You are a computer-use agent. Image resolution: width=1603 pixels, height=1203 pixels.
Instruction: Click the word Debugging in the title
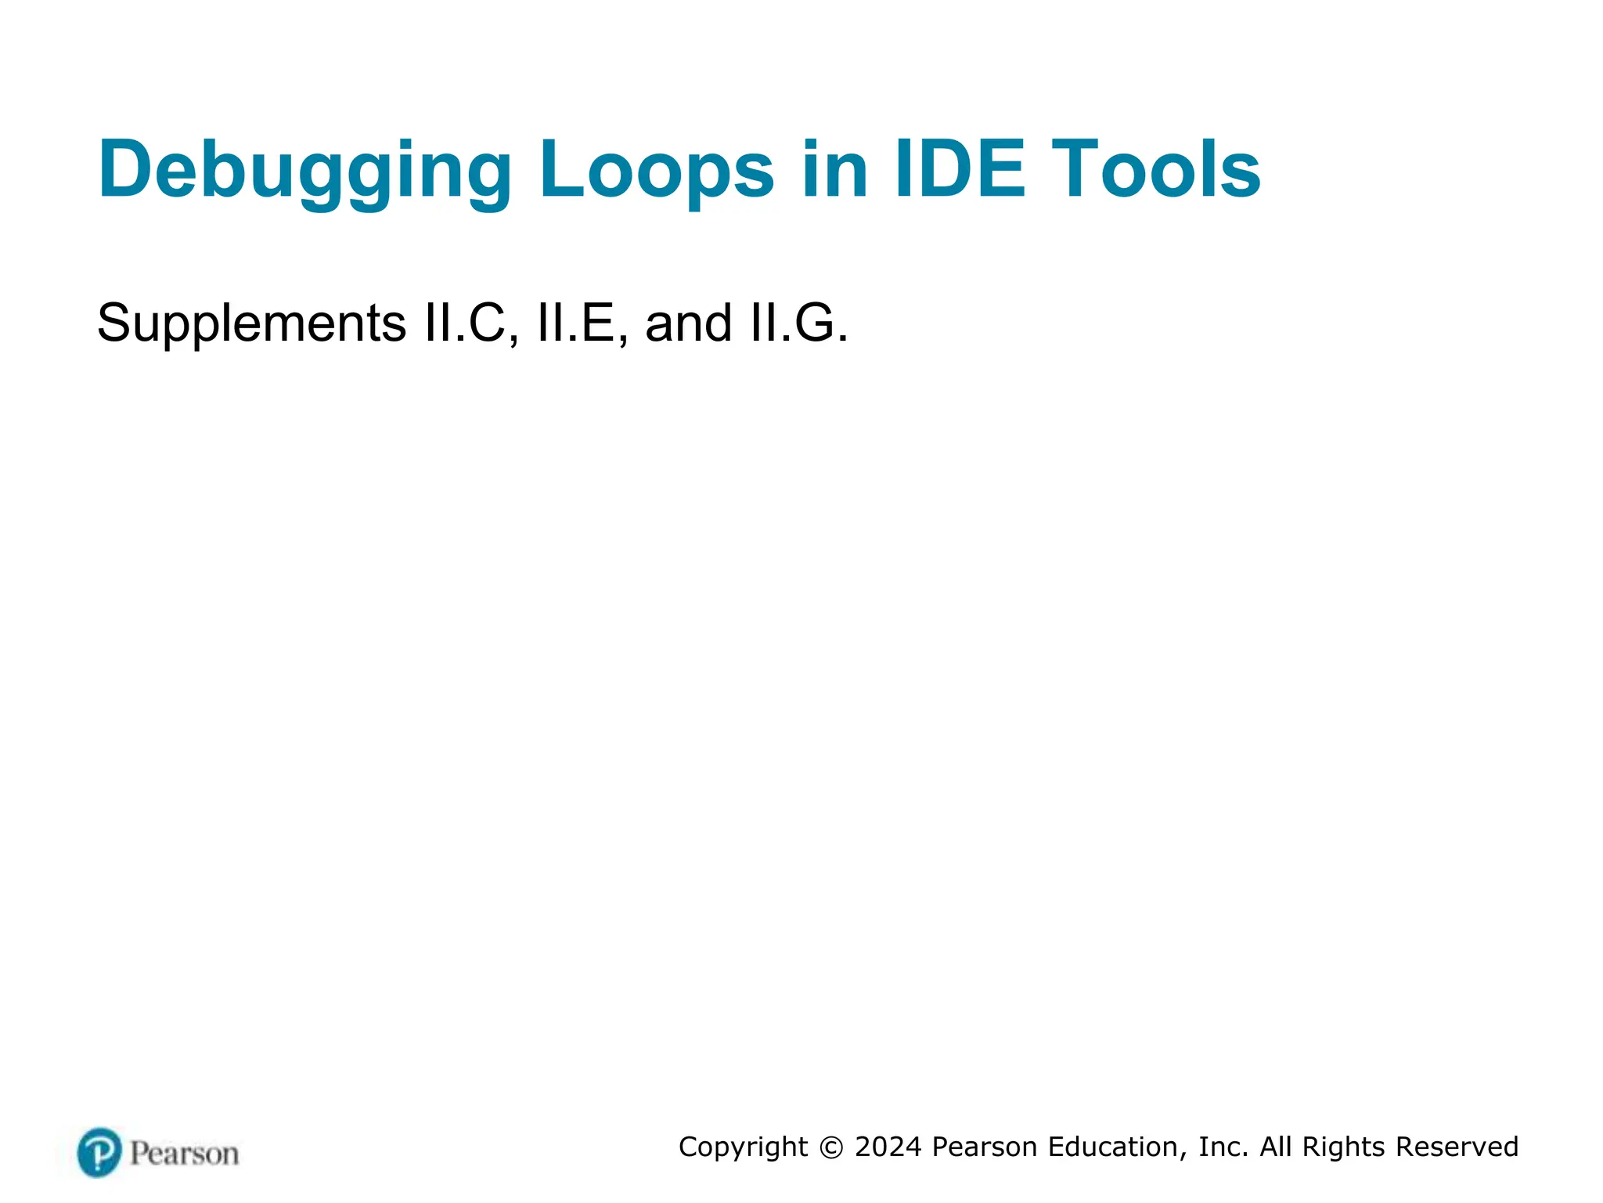tap(304, 170)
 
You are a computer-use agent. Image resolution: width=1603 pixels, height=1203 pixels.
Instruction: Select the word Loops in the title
tap(657, 170)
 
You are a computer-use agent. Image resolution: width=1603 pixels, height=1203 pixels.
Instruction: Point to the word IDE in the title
tap(960, 170)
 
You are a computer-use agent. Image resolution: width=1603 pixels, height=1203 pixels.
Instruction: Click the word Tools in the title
tap(1155, 170)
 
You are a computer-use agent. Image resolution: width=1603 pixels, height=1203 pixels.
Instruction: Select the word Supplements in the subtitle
tap(251, 323)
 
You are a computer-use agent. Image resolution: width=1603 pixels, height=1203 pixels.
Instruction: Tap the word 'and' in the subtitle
tap(689, 323)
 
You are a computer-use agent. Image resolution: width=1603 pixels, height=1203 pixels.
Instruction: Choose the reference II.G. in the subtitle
tap(798, 323)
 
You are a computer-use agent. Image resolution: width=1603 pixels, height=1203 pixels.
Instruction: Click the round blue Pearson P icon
tap(99, 1152)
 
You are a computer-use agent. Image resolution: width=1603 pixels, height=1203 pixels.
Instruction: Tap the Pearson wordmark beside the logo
tap(184, 1154)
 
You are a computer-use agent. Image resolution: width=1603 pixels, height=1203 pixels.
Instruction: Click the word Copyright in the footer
tap(743, 1147)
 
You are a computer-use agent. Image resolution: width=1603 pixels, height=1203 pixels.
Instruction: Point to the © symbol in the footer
tap(831, 1147)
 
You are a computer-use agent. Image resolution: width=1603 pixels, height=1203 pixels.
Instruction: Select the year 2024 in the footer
tap(888, 1147)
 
